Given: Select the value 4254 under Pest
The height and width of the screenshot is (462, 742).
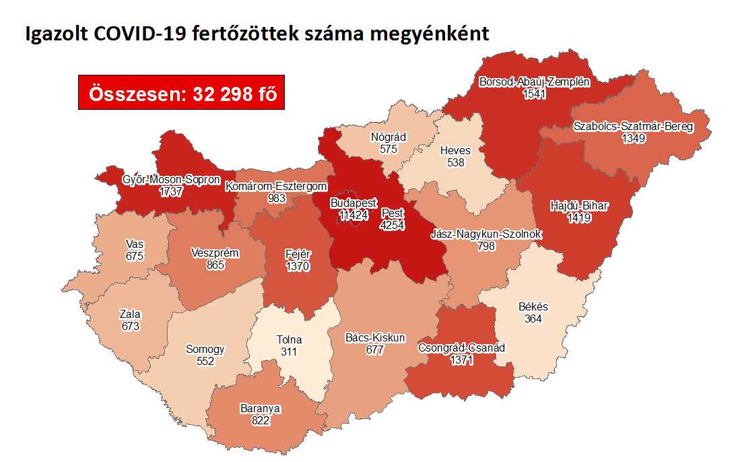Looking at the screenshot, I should (x=392, y=226).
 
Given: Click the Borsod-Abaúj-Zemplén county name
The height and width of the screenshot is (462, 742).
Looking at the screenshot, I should (x=534, y=82).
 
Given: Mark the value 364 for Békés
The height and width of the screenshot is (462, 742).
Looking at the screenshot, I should (x=533, y=319).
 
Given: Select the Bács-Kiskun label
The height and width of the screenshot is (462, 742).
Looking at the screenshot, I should (x=374, y=337).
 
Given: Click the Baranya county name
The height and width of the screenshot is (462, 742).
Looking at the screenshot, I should (x=260, y=408).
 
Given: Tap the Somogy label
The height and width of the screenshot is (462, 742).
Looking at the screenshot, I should (x=205, y=350).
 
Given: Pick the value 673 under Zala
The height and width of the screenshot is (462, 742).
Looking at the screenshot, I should (x=130, y=326).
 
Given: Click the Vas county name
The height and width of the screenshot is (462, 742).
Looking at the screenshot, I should (x=135, y=244).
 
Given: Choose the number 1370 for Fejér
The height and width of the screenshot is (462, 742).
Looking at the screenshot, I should (x=296, y=267).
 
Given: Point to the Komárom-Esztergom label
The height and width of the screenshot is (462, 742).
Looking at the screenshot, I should (x=276, y=186).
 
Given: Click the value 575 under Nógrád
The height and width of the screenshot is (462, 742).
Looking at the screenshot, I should (x=388, y=150).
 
